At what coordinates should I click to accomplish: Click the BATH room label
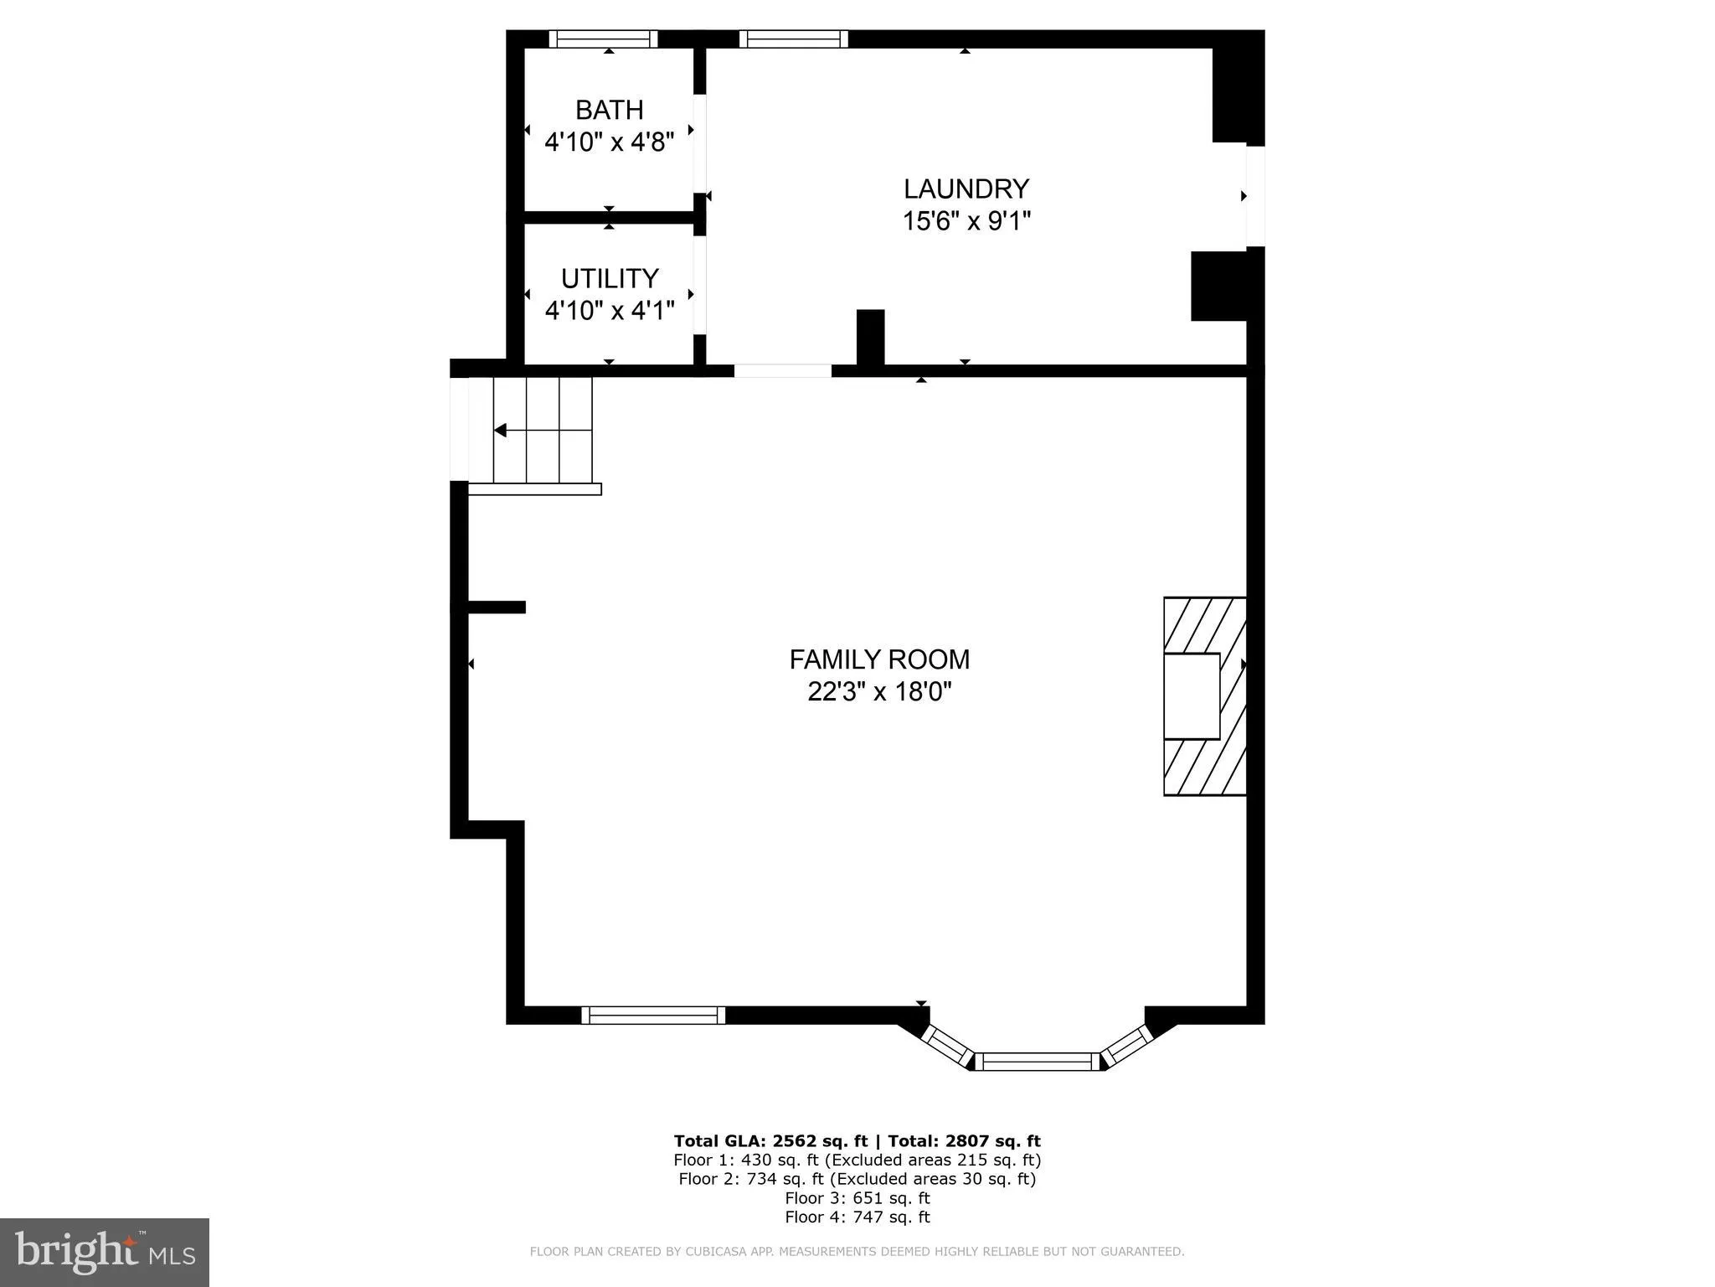609,110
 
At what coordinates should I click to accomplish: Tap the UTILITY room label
609,278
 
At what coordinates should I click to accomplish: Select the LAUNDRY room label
966,189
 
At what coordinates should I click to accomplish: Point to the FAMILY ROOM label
879,659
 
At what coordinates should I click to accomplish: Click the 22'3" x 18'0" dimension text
879,692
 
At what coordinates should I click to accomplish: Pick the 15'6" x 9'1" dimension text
966,221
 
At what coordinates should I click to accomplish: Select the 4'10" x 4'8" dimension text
609,142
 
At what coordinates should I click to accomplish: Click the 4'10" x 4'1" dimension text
609,311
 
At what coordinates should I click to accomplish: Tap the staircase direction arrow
501,431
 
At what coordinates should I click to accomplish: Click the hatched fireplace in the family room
1204,695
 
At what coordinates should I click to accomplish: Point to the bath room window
603,39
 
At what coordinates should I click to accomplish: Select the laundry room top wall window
793,39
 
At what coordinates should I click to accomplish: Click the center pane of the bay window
1038,1062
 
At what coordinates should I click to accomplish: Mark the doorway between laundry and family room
783,370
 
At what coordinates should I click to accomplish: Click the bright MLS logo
105,1252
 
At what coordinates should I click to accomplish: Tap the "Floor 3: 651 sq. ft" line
857,1198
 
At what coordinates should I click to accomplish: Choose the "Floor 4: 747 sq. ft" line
857,1217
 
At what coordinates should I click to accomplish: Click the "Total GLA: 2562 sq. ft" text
770,1140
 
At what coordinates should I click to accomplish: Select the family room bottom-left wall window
653,1016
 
